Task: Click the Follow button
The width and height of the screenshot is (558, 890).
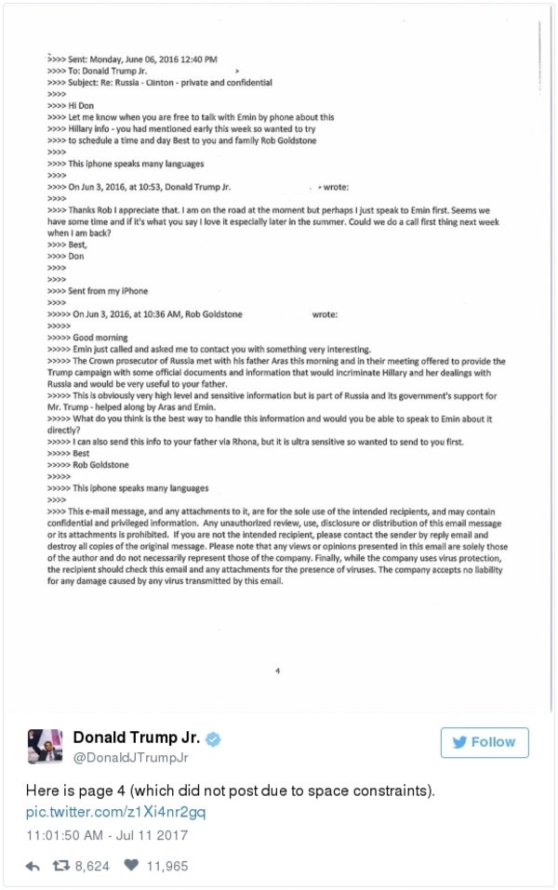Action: [x=485, y=742]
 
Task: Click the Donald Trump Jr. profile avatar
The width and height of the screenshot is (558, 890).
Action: [x=43, y=746]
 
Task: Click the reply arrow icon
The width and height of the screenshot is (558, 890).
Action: [x=33, y=866]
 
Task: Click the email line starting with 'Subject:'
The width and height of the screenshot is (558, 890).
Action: [x=158, y=82]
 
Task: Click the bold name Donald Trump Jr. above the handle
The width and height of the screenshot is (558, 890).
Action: [x=138, y=739]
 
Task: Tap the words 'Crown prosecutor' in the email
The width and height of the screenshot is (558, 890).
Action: [x=116, y=360]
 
